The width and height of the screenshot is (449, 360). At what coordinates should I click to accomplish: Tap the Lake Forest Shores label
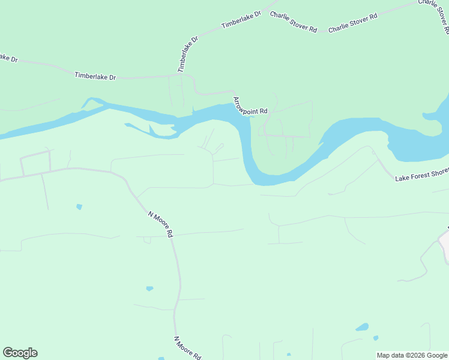click(421, 174)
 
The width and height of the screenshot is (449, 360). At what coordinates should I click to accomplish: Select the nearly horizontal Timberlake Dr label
click(95, 76)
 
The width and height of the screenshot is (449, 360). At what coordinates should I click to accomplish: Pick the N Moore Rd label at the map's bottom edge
click(187, 347)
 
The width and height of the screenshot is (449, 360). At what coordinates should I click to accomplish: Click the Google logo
click(20, 353)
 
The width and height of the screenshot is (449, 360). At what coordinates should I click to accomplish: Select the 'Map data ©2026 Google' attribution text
click(412, 355)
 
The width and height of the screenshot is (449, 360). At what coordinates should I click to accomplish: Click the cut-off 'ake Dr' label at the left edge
click(8, 58)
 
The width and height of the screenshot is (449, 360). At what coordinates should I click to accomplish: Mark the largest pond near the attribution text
click(362, 328)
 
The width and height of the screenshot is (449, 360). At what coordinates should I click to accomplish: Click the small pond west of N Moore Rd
click(79, 207)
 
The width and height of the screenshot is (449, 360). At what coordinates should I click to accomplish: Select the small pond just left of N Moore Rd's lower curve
click(149, 289)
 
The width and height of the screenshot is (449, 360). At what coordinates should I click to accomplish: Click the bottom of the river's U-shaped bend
click(273, 179)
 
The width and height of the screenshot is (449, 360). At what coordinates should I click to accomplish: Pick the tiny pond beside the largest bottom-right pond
click(376, 338)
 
